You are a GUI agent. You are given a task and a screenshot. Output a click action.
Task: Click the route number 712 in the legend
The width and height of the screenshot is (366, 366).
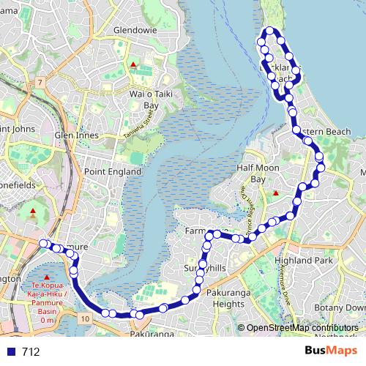pyautogui.click(x=31, y=351)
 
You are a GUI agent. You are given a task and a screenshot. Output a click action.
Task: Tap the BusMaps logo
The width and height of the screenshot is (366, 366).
pyautogui.click(x=332, y=351)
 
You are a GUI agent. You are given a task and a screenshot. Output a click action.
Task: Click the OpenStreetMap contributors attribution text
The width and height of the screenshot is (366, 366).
pyautogui.click(x=302, y=328)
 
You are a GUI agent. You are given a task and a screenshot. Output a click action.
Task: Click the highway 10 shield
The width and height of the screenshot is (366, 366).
pyautogui.click(x=86, y=318)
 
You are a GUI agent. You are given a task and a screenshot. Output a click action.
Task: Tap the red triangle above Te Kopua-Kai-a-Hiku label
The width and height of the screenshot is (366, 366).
pyautogui.click(x=38, y=277)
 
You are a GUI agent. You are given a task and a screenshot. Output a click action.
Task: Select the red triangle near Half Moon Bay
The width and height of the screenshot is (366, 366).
pyautogui.click(x=275, y=193)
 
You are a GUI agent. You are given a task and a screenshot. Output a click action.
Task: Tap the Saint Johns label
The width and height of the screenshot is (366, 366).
pyautogui.click(x=16, y=129)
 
